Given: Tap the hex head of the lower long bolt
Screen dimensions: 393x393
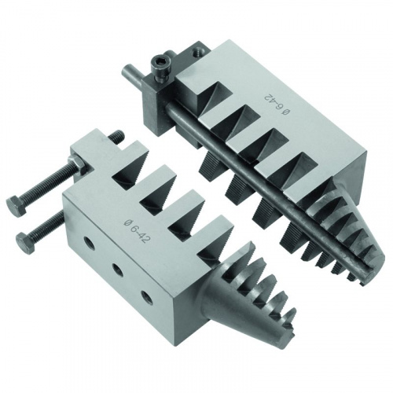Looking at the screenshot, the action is pyautogui.click(x=25, y=241).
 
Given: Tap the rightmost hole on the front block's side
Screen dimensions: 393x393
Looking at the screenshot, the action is pyautogui.click(x=146, y=297).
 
